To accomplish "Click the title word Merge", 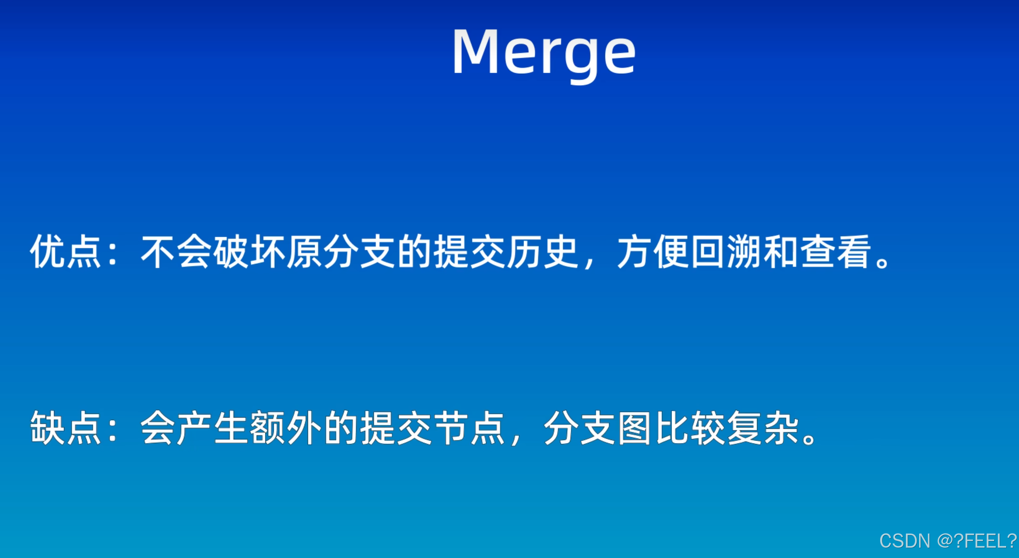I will click(544, 53).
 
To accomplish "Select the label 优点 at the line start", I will click(65, 251).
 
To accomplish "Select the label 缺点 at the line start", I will click(65, 428).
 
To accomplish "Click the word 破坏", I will click(249, 251).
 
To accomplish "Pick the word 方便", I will click(653, 251).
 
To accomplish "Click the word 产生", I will click(213, 428).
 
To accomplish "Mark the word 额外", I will click(286, 428).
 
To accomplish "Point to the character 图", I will click(634, 428).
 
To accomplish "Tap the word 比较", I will click(690, 428).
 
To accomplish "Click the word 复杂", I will click(763, 428).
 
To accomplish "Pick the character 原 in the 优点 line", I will click(304, 251).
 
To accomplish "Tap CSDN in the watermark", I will click(905, 541).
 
